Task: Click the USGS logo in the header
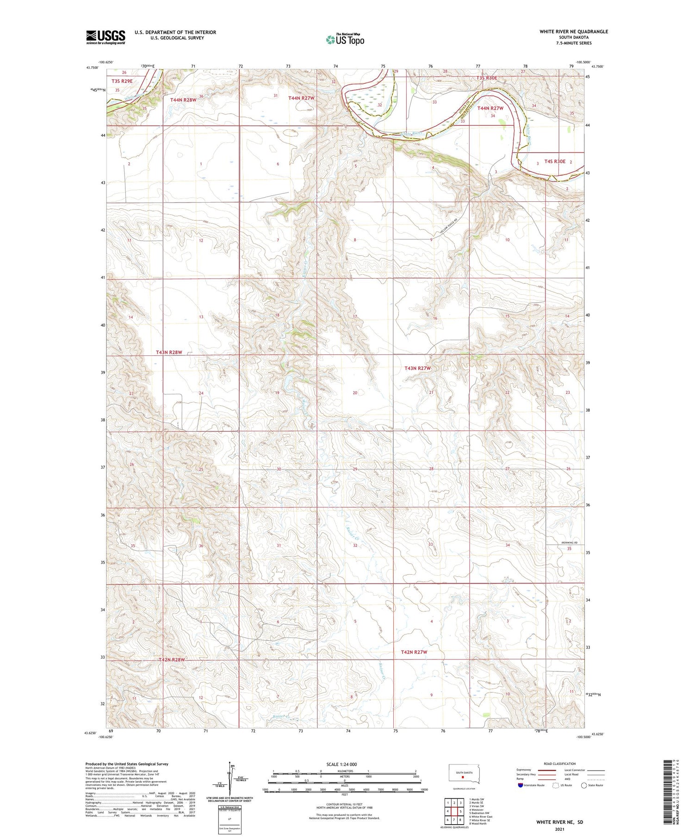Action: coord(105,37)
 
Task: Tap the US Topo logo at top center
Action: coord(345,39)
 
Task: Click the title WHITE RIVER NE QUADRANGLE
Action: coord(573,31)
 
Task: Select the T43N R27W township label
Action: coord(417,368)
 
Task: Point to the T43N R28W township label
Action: coord(169,352)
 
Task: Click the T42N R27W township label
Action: coord(414,652)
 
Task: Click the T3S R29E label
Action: coord(122,81)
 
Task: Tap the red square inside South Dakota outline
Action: coord(462,777)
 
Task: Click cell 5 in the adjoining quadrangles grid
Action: coord(461,811)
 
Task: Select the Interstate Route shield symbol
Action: coord(520,785)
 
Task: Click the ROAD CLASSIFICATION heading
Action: coord(560,764)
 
